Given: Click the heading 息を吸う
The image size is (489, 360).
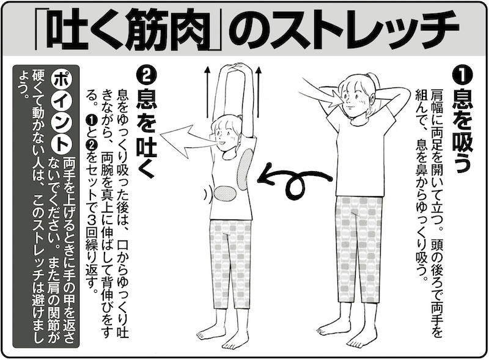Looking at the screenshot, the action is click(463, 131).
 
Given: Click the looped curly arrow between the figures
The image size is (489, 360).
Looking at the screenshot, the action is click(295, 185).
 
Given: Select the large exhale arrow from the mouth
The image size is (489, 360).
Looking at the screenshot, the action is click(187, 141).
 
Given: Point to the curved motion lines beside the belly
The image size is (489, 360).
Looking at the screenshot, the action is click(206, 193).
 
